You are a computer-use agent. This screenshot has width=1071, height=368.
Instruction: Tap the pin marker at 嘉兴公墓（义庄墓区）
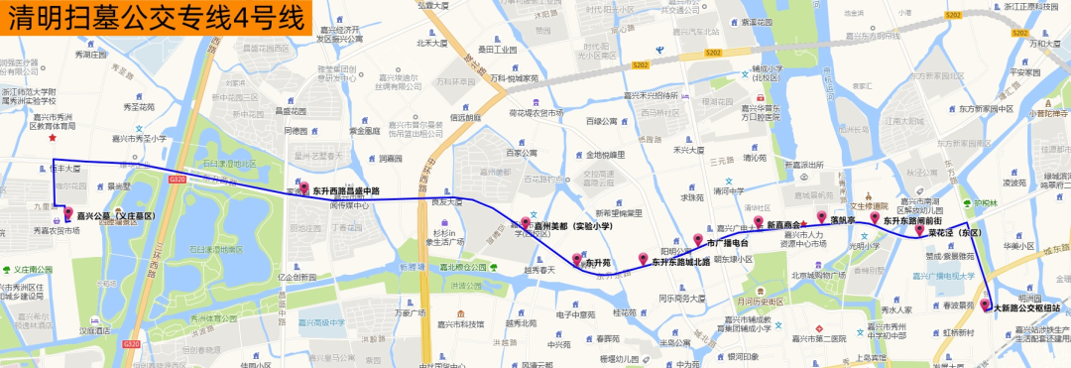click(68, 213)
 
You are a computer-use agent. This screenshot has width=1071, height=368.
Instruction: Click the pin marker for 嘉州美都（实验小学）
click(526, 224)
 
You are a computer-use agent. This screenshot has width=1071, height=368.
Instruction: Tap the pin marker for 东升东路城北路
click(644, 260)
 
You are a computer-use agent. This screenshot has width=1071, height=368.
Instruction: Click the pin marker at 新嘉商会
click(758, 222)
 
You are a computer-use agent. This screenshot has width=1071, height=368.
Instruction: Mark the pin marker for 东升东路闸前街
click(875, 219)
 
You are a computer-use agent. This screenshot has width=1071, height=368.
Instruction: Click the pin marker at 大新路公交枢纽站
click(986, 306)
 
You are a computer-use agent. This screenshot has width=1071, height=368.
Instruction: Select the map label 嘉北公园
click(466, 266)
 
